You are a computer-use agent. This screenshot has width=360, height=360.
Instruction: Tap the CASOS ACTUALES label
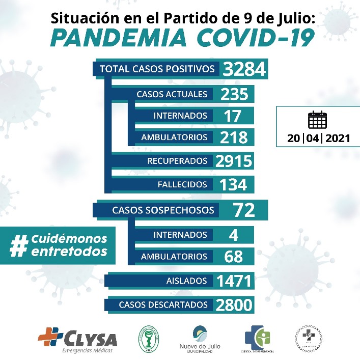tap(172, 94)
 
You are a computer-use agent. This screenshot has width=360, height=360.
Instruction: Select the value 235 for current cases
tap(234, 94)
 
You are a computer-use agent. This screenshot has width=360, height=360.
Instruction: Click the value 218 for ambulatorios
tap(234, 137)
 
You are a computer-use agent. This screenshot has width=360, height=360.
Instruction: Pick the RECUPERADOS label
tap(177, 161)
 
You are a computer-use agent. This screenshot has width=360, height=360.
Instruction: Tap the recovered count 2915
tap(234, 161)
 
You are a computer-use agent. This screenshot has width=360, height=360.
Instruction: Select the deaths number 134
tap(233, 184)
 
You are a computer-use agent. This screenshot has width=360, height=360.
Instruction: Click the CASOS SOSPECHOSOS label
tap(163, 210)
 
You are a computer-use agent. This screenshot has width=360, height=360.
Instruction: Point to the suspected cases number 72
tap(243, 210)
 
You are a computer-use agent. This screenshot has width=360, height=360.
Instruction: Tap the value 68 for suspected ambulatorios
tap(234, 256)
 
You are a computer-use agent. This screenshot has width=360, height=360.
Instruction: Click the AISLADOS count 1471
tap(234, 281)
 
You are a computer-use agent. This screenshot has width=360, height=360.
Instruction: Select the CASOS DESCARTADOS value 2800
tap(234, 304)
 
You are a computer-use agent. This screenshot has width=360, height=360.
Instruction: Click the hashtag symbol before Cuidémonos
tap(19, 245)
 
